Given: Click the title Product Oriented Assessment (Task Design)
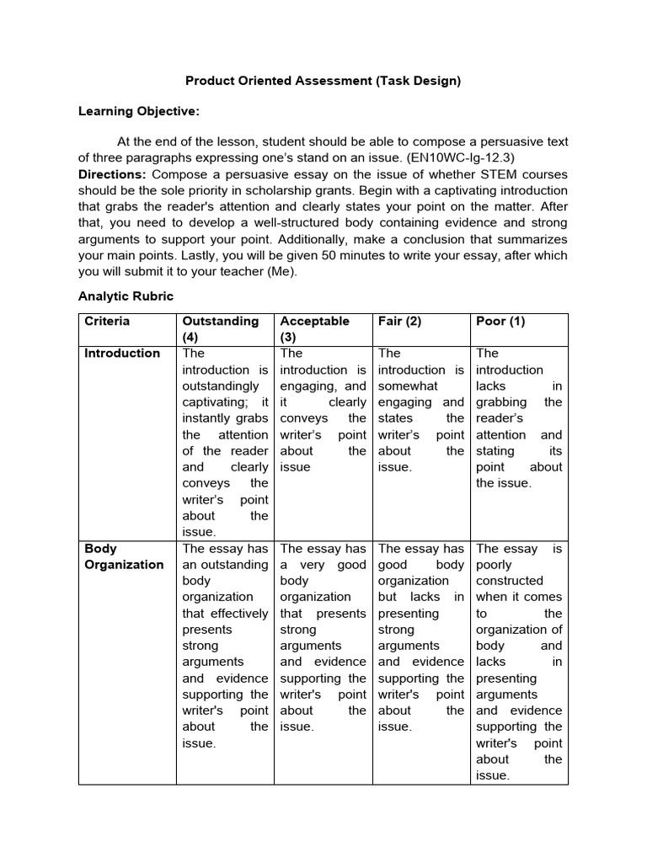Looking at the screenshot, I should click(323, 81).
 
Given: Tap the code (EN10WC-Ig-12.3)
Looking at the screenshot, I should click(473, 157).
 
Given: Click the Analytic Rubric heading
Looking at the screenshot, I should click(126, 296).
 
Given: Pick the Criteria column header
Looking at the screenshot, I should click(107, 322).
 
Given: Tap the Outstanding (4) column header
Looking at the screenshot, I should click(221, 329).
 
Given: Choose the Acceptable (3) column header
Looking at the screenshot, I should click(313, 329).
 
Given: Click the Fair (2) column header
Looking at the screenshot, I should click(399, 322).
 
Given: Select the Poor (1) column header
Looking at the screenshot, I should click(500, 322).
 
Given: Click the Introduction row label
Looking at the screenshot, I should click(122, 354).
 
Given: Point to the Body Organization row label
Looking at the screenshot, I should click(124, 556).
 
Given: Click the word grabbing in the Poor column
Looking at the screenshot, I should click(500, 402).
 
